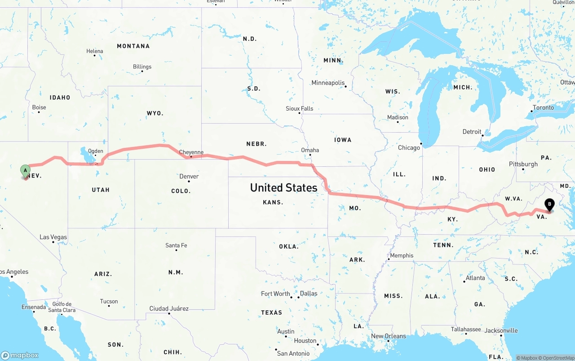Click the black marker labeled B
pyautogui.click(x=549, y=205)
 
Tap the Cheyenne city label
pyautogui.click(x=191, y=152)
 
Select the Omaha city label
pyautogui.click(x=310, y=150)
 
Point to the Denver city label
pyautogui.click(x=189, y=176)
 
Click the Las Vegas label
pyautogui.click(x=53, y=237)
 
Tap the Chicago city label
pyautogui.click(x=409, y=147)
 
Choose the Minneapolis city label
pyautogui.click(x=328, y=83)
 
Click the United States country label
pyautogui.click(x=283, y=187)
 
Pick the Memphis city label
pyautogui.click(x=402, y=255)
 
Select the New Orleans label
pyautogui.click(x=388, y=336)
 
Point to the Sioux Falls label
pyautogui.click(x=299, y=108)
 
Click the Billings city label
pyautogui.click(x=142, y=67)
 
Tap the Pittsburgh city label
pyautogui.click(x=523, y=164)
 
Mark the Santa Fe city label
pyautogui.click(x=176, y=245)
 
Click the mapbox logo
pyautogui.click(x=20, y=355)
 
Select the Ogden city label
pyautogui.click(x=96, y=151)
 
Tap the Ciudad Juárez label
pyautogui.click(x=169, y=308)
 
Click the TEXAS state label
pyautogui.click(x=272, y=312)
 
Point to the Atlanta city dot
pyautogui.click(x=464, y=281)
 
